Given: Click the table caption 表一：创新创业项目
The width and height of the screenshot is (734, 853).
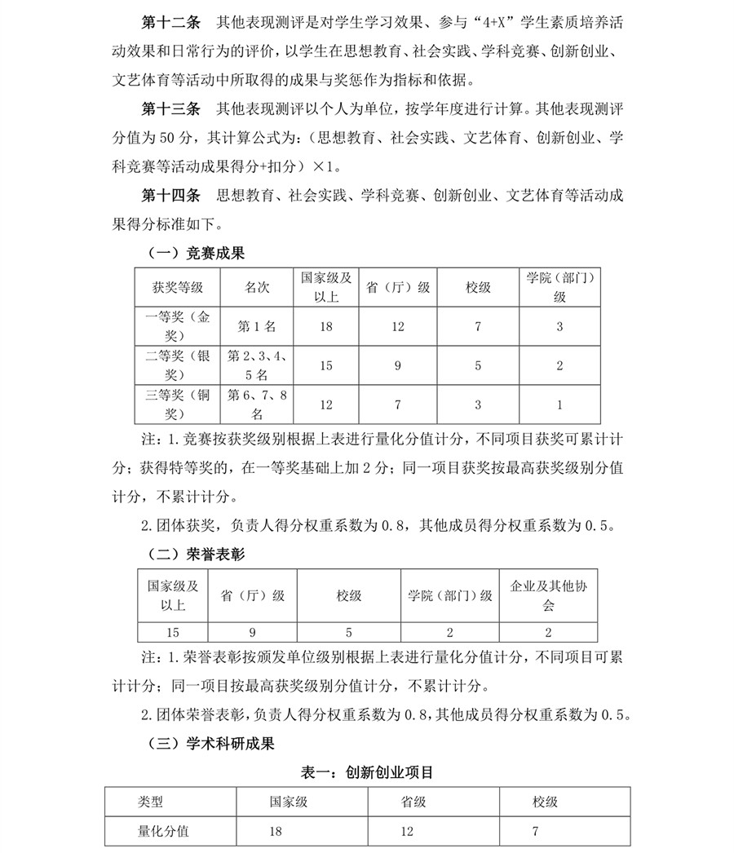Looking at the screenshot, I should (x=367, y=771).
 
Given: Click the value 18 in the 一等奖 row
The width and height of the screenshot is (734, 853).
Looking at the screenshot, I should (x=326, y=326).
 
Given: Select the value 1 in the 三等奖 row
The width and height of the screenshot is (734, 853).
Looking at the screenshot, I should (x=559, y=405).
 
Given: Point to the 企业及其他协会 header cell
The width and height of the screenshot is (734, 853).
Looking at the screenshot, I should (x=548, y=596).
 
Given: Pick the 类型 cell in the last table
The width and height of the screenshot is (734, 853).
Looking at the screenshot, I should (x=150, y=802).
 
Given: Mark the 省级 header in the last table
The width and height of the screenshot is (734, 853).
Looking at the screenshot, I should (x=413, y=802).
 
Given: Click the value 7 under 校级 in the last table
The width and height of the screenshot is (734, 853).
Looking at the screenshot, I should (x=535, y=832).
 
